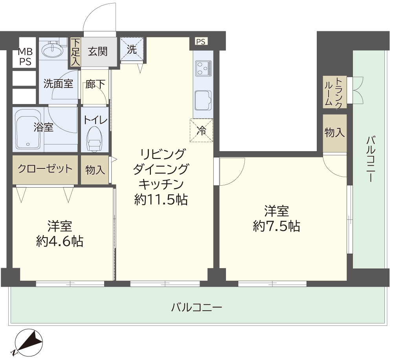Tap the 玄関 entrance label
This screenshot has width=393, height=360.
click(x=98, y=52)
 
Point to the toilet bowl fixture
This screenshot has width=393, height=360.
click(x=94, y=139)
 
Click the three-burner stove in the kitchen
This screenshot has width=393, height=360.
click(x=204, y=68)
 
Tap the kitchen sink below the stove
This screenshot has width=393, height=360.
click(x=204, y=100)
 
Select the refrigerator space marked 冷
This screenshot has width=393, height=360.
click(x=202, y=130)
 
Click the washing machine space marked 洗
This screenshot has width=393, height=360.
click(x=132, y=49)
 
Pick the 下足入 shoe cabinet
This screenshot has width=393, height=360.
click(x=75, y=52)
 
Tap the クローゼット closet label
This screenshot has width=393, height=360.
click(x=45, y=169)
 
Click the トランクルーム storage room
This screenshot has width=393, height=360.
click(x=334, y=92)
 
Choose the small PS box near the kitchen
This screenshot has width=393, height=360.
click(x=201, y=42)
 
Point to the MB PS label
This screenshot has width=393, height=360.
click(x=25, y=57)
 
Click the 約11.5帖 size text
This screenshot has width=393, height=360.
click(x=161, y=199)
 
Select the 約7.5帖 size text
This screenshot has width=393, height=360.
click(x=276, y=226)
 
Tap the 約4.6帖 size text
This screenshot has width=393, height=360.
click(x=60, y=241)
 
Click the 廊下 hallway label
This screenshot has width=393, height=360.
click(x=95, y=84)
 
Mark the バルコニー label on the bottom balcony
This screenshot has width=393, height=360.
click(x=196, y=307)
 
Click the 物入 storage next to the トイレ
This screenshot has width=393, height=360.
click(x=95, y=170)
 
